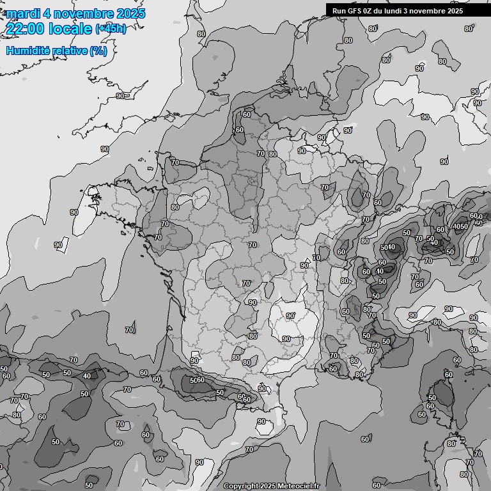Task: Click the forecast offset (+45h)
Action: click(111, 29)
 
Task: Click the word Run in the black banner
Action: click(339, 11)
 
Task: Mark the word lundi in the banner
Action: click(401, 11)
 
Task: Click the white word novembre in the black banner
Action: click(441, 11)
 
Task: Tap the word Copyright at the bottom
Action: click(241, 486)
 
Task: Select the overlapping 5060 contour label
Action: click(197, 380)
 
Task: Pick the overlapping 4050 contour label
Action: click(460, 226)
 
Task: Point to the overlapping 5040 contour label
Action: click(388, 247)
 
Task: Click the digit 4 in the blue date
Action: click(46, 13)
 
